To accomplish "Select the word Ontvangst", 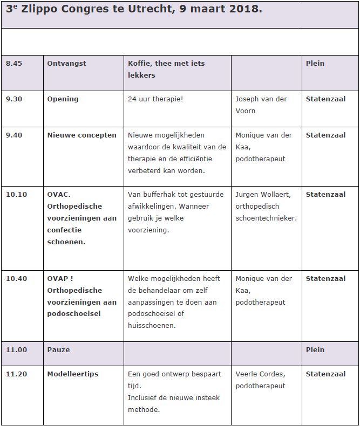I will (x=66, y=63).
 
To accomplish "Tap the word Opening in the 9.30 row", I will (x=63, y=99).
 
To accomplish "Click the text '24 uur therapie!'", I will (x=155, y=99).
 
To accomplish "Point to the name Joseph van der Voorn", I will (x=261, y=105).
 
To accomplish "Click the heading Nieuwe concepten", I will (x=81, y=135).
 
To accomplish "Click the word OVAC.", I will (x=59, y=194).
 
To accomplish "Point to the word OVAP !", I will (x=60, y=278).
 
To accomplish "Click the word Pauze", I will (x=58, y=349).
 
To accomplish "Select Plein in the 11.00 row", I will (x=315, y=349).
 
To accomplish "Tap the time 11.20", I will (x=16, y=374).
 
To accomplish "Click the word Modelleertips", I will (x=73, y=374).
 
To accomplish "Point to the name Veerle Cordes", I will (x=260, y=374).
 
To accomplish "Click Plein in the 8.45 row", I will (x=315, y=63).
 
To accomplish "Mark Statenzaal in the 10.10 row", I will (x=325, y=194).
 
